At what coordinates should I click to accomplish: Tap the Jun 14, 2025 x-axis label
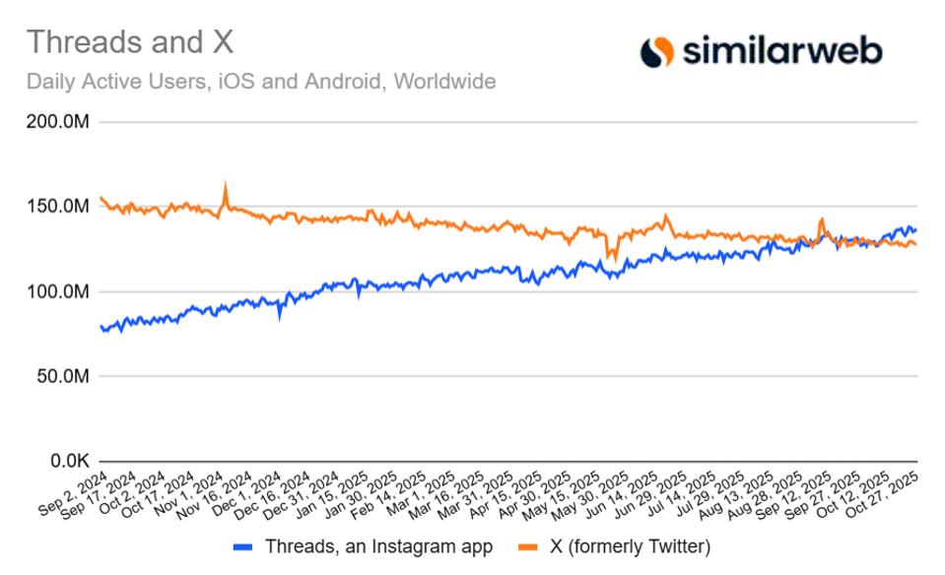[x=631, y=491]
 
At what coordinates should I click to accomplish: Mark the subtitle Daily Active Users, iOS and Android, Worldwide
[x=260, y=81]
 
